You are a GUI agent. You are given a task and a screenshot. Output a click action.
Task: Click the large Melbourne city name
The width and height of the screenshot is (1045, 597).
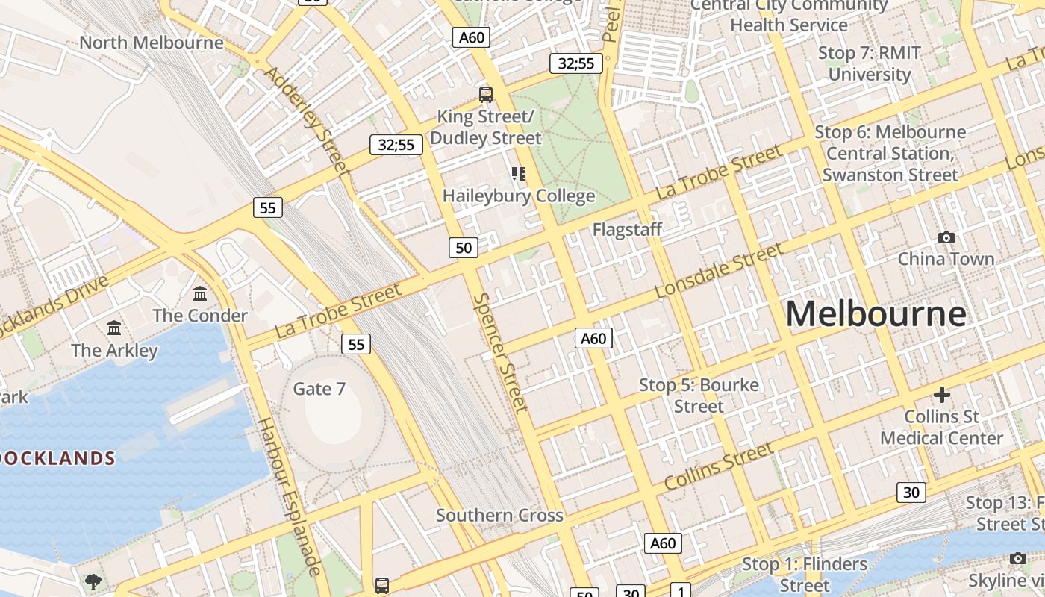(876, 314)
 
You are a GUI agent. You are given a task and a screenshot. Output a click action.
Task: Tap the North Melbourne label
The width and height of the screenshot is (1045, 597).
(152, 43)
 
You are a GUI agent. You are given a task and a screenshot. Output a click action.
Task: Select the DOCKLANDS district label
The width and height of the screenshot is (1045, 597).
(57, 458)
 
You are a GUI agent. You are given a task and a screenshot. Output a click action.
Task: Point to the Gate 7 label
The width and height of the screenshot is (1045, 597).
(319, 389)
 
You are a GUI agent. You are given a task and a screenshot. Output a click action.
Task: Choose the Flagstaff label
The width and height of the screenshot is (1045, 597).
(627, 229)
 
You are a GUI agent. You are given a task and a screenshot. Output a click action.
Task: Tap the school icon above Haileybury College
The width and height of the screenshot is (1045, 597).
(519, 174)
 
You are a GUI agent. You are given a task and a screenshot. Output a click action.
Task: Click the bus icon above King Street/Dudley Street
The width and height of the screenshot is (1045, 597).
(486, 95)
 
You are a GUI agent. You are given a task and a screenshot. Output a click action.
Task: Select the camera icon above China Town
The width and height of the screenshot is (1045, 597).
(946, 237)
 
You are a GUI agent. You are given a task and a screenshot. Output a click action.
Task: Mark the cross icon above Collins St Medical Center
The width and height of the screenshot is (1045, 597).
(942, 394)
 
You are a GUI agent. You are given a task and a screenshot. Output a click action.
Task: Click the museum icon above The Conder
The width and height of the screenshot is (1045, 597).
(200, 294)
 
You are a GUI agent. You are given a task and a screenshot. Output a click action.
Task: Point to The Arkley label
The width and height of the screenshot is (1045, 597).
(114, 350)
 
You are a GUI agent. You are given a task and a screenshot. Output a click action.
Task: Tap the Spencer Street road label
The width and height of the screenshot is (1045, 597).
(501, 351)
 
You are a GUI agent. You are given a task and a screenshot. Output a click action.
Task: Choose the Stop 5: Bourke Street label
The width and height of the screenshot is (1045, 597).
(699, 396)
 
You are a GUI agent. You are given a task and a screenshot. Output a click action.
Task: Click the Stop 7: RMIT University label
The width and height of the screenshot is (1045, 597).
(870, 63)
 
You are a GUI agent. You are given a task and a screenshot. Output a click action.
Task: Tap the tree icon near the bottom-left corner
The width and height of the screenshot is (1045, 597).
(93, 581)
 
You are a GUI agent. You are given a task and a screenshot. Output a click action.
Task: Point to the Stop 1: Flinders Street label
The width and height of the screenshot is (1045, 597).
(805, 574)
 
